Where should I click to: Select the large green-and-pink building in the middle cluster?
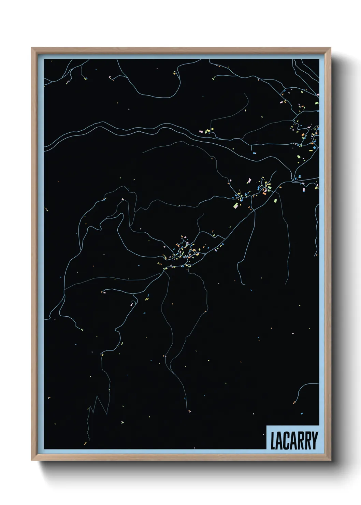click(235, 205)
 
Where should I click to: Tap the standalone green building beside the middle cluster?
click(276, 200)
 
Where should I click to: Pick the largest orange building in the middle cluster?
click(264, 193)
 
